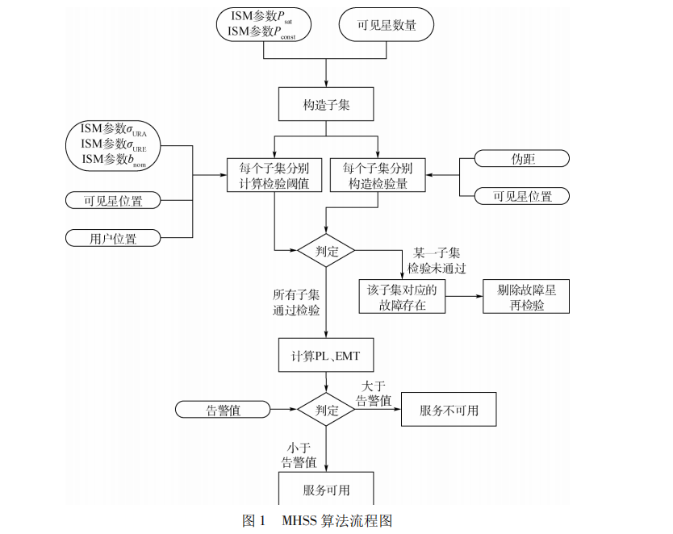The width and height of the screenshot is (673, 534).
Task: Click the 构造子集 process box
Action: coord(326,106)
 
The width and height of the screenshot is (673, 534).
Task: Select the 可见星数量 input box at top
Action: coord(387,25)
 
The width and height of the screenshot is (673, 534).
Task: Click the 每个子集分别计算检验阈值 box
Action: coord(274,176)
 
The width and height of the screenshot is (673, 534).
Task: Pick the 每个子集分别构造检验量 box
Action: coord(378,176)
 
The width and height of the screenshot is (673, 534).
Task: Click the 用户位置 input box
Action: coord(113,238)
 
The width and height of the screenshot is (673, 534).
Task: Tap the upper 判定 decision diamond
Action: coord(326,250)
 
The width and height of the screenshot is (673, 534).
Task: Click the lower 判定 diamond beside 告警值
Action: coord(326,410)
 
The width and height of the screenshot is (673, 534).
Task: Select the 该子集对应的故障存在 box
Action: coord(401,297)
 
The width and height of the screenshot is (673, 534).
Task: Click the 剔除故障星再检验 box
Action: coord(525,297)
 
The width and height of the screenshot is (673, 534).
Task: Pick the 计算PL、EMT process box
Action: coord(326,355)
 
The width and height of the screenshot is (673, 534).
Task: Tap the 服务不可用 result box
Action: coord(449,410)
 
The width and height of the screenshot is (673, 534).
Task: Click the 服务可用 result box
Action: coord(326,490)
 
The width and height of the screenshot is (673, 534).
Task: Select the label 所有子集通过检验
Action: coord(296,302)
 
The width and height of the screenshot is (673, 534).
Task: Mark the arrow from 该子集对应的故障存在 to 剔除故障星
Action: coord(463,297)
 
